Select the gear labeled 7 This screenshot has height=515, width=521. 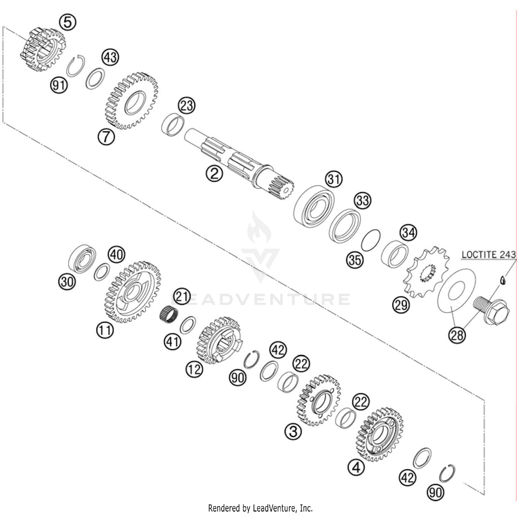coord(132,101)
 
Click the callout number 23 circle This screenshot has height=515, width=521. coord(187,105)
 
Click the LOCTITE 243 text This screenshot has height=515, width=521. coord(488,255)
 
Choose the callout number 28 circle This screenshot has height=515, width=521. coord(457,335)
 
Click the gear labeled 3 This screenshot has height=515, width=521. coord(319,400)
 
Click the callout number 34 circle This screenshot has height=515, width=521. coord(408,233)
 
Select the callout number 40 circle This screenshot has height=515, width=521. coord(116,255)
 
